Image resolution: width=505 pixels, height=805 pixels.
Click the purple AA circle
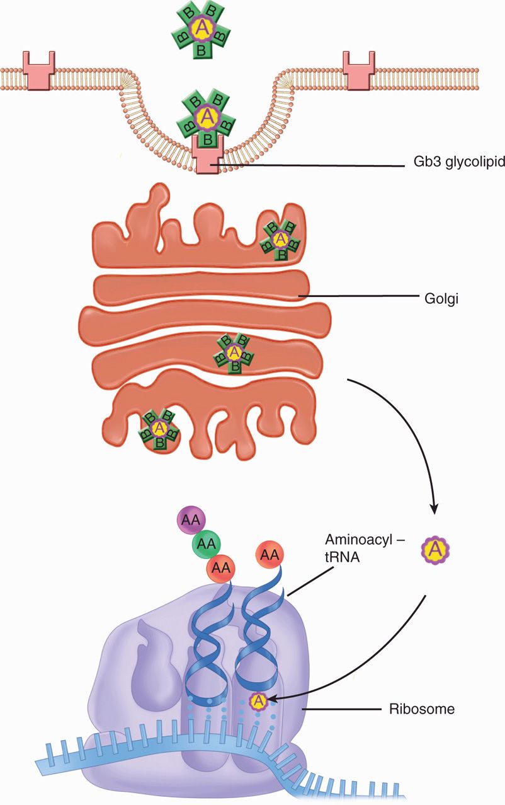tap(190, 520)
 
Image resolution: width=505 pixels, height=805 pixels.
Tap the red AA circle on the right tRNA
tap(269, 556)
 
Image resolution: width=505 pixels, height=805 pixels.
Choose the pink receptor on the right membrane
tap(359, 66)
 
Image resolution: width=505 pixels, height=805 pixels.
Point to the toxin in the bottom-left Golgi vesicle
tap(159, 429)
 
